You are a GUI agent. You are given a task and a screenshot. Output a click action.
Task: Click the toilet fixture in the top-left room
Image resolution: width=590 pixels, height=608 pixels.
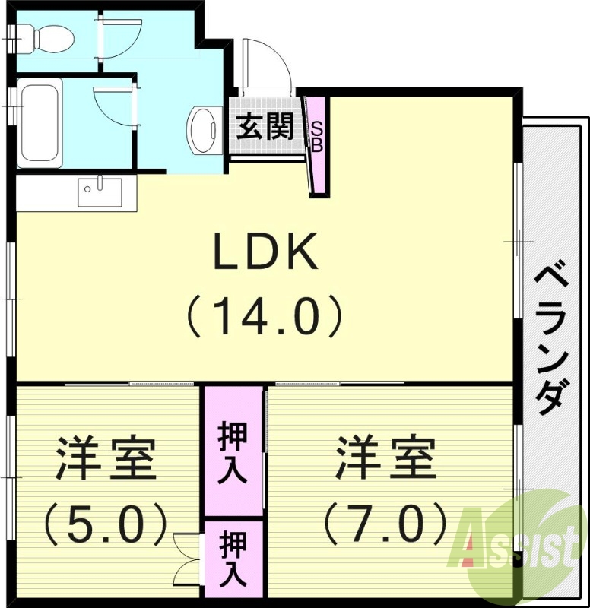[x=46, y=35]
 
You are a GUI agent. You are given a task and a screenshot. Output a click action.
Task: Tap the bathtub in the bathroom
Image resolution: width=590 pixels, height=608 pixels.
[x=40, y=124]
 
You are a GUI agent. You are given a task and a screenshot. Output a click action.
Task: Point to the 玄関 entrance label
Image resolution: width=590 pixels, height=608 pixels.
[x=264, y=126]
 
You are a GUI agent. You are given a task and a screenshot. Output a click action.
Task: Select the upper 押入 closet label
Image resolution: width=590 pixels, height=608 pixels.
[x=232, y=452]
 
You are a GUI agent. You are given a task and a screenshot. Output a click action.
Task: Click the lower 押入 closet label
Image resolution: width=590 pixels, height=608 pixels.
[x=233, y=559]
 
